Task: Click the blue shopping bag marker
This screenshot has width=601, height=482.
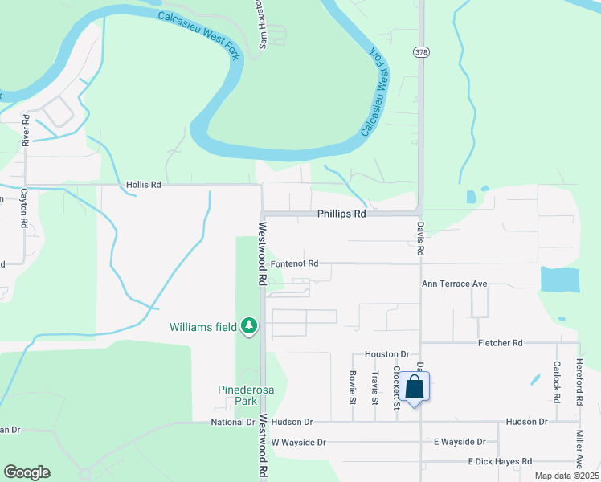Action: tap(415, 387)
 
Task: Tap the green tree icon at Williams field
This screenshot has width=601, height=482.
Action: tap(249, 326)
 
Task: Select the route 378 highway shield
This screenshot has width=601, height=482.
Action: tap(421, 51)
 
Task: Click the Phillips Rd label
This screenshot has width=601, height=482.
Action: tap(341, 214)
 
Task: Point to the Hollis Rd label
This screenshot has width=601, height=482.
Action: tap(144, 185)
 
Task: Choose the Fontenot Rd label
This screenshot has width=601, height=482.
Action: tap(295, 263)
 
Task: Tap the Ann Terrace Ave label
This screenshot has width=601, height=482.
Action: tap(456, 284)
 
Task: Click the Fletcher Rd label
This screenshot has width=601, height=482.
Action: tap(499, 343)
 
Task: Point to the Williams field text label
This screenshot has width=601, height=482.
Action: tap(203, 327)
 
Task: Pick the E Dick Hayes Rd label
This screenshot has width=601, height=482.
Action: tap(500, 462)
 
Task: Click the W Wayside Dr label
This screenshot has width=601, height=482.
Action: tap(298, 443)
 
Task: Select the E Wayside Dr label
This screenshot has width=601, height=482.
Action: tap(460, 442)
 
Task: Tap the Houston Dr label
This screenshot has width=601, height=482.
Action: tap(387, 354)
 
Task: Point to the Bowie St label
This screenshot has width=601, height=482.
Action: tap(353, 386)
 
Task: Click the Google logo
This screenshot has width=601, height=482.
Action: tap(27, 472)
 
